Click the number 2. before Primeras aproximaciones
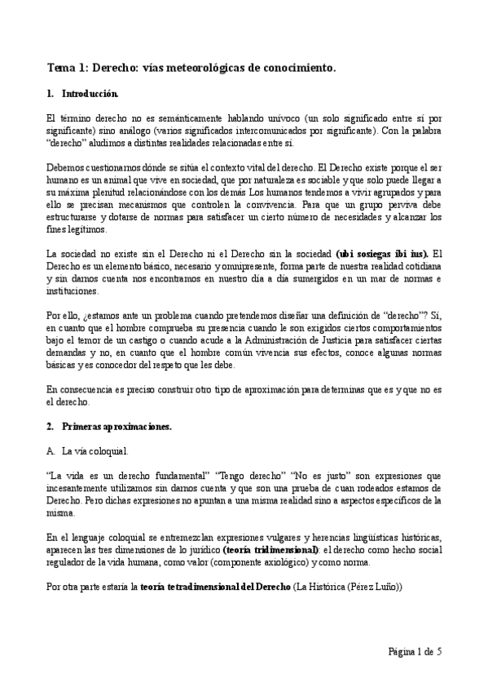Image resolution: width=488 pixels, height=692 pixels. [51, 426]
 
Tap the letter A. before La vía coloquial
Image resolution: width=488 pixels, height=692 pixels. [51, 450]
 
